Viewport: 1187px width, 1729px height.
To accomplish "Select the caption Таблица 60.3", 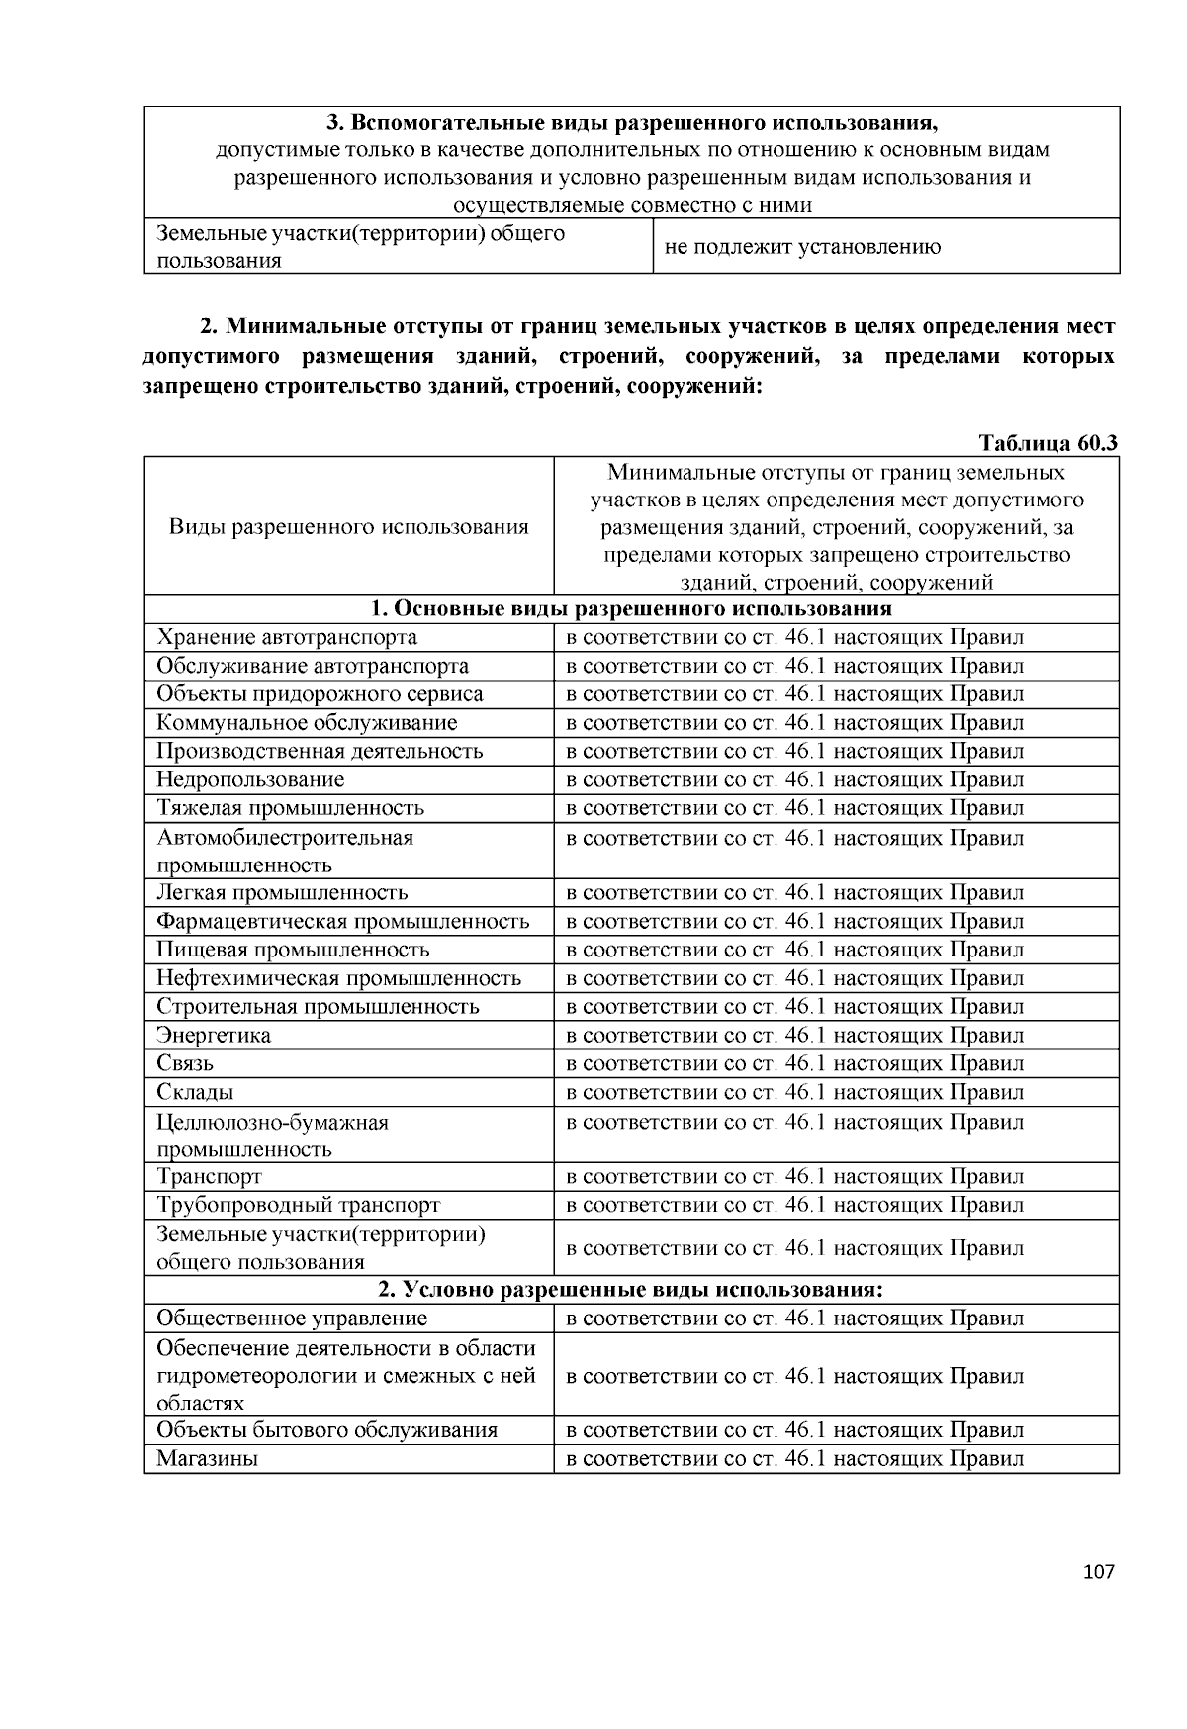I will point(1048,442).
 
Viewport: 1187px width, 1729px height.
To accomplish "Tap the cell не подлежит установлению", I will point(802,247).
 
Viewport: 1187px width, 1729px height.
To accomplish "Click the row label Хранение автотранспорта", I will point(287,637).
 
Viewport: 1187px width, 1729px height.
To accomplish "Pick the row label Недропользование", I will point(250,779).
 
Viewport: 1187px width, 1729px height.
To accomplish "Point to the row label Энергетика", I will point(214,1036).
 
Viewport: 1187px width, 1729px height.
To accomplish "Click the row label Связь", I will point(185,1064).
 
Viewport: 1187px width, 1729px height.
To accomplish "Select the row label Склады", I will point(195,1093).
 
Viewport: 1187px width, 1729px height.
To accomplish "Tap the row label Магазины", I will point(208,1459).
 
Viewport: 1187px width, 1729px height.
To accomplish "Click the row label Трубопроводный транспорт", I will point(298,1205).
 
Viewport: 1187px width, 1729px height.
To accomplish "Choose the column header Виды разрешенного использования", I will point(348,526).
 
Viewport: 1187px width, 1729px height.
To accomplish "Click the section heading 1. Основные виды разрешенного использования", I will point(631,608).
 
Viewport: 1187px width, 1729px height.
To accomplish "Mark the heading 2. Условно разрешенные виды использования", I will point(631,1290).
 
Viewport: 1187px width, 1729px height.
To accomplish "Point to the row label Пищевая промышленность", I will point(293,951).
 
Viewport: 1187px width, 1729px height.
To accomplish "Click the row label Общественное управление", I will point(292,1319).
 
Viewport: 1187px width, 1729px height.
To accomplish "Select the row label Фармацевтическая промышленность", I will point(342,922).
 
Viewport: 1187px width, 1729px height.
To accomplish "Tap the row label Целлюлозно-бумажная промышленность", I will point(272,1136).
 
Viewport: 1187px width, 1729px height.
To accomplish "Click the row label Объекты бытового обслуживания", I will point(326,1430).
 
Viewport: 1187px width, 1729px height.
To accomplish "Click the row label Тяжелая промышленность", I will point(290,808).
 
